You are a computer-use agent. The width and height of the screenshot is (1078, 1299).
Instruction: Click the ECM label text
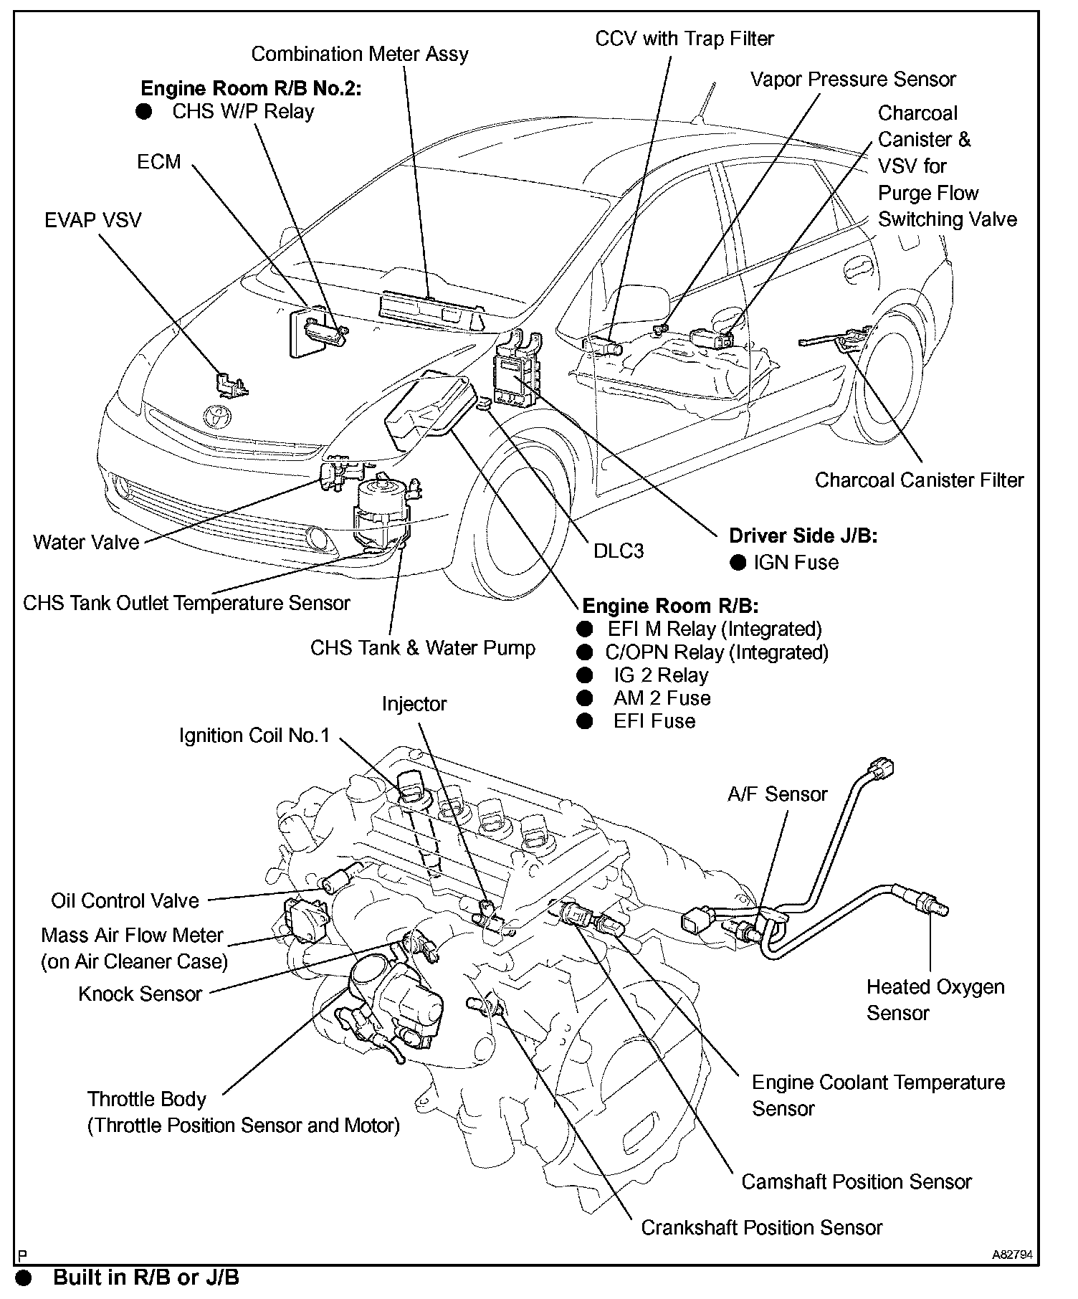click(x=158, y=162)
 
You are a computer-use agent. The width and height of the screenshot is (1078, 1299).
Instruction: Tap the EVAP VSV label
click(x=92, y=220)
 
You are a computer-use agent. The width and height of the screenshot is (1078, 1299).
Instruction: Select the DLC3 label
click(x=618, y=551)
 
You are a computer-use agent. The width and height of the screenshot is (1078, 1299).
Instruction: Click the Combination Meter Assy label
click(x=359, y=54)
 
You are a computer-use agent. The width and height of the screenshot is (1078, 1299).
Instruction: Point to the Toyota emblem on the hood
click(x=214, y=415)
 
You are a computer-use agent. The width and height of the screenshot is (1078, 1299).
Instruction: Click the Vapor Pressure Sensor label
click(x=852, y=79)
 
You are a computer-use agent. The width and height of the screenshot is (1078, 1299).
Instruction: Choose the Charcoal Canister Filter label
click(x=919, y=480)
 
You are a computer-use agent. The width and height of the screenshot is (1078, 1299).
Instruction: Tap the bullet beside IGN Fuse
click(x=738, y=562)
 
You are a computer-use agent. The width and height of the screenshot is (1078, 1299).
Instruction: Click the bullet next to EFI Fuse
click(x=585, y=721)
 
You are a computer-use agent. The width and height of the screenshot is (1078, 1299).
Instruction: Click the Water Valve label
click(x=86, y=542)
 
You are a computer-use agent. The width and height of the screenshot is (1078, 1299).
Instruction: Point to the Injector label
click(x=414, y=704)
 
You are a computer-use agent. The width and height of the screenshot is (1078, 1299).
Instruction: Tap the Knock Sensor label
click(x=140, y=994)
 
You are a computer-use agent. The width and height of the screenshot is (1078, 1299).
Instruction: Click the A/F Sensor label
click(x=777, y=794)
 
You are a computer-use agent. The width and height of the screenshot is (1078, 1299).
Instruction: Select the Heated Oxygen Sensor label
click(x=935, y=1000)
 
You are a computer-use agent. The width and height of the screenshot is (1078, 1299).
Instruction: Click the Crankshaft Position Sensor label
click(x=761, y=1228)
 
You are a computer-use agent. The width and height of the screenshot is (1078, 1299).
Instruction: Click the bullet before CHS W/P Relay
click(x=144, y=112)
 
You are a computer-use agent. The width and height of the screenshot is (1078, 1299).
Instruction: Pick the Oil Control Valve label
click(x=125, y=901)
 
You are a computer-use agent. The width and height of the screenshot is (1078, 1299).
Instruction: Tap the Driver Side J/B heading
click(x=802, y=536)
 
